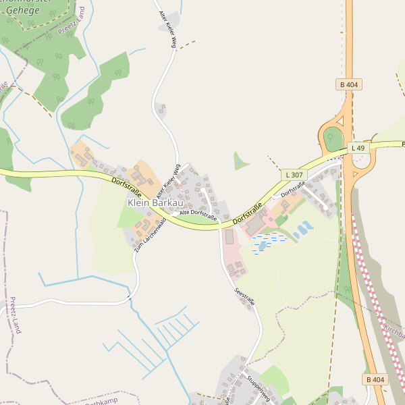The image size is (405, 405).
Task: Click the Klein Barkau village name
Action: tap(155, 202)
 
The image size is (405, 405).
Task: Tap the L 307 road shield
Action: tap(294, 174)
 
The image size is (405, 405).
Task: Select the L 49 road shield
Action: tap(358, 148)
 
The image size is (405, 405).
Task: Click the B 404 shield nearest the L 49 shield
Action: tap(349, 84)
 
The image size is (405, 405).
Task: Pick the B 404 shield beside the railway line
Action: tap(377, 380)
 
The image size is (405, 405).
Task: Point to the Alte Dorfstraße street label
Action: tap(198, 215)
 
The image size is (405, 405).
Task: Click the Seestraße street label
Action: tap(244, 298)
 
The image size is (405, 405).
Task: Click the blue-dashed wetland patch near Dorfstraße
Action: tap(269, 242)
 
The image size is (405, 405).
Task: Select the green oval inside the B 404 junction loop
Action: tap(333, 138)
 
